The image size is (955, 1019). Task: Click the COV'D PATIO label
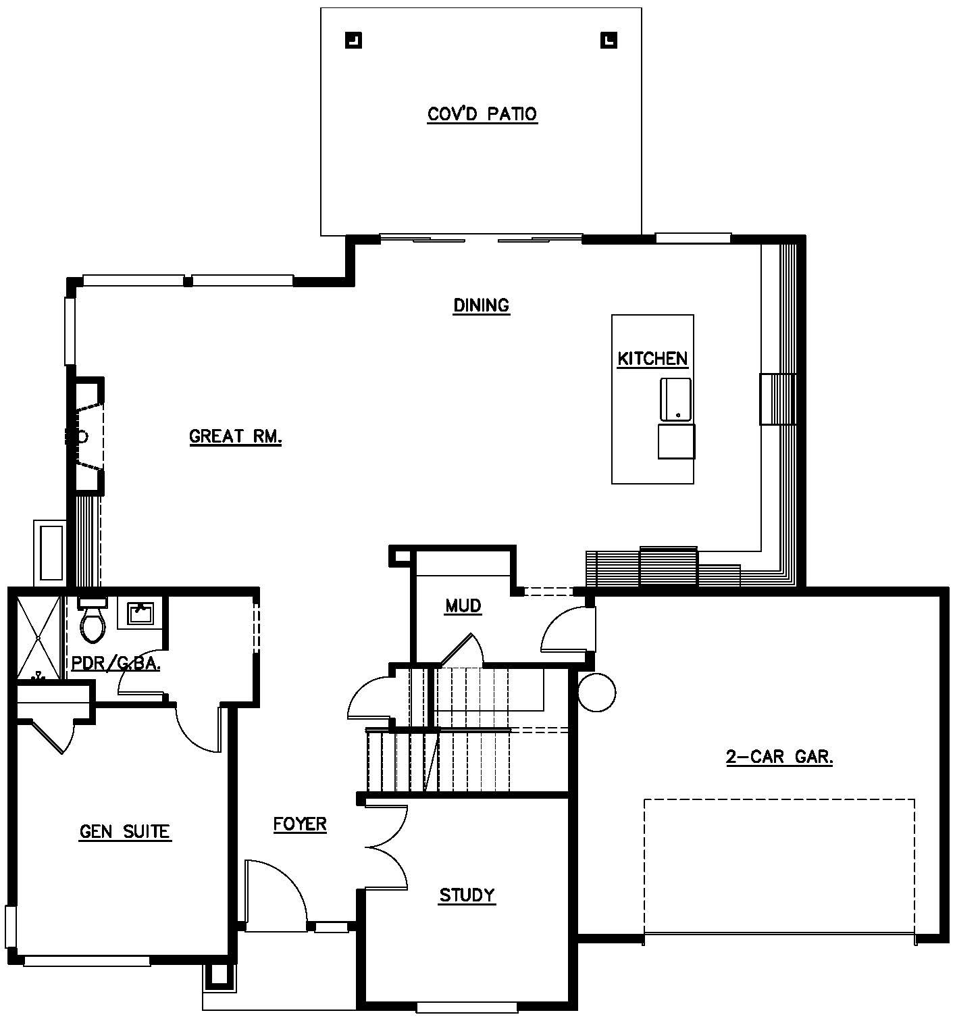pos(482,114)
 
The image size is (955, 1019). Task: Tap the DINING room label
pos(481,305)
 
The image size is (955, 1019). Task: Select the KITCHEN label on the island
pos(652,359)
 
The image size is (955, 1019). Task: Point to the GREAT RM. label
pos(236,437)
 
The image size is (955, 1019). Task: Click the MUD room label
pos(463,606)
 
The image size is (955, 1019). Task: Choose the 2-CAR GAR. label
pos(779,757)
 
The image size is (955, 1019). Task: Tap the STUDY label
pos(467,895)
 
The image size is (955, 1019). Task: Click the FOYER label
pos(299,824)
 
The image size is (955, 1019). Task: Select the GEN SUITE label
pos(125,832)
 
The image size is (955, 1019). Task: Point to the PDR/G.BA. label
pos(116,664)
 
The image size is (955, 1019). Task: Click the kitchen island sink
pos(675,400)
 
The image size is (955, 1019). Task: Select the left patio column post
pos(353,41)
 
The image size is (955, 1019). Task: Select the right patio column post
pos(609,41)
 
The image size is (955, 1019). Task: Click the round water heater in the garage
pos(596,693)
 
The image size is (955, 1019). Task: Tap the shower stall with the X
pos(38,638)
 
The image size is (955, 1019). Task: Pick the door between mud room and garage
pos(568,630)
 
